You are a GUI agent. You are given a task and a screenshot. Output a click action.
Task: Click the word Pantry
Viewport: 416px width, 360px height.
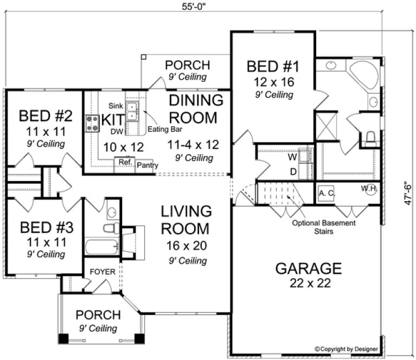pos(147,165)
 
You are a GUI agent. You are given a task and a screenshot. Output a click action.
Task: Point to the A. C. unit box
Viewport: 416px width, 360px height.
pos(325,193)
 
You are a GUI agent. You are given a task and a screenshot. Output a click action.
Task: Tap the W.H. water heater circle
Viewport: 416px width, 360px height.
pos(369,189)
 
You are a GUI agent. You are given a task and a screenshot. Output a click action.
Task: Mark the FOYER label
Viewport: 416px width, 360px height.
pos(103,271)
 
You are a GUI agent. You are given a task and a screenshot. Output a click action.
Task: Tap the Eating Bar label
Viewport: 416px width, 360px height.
pos(165,130)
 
